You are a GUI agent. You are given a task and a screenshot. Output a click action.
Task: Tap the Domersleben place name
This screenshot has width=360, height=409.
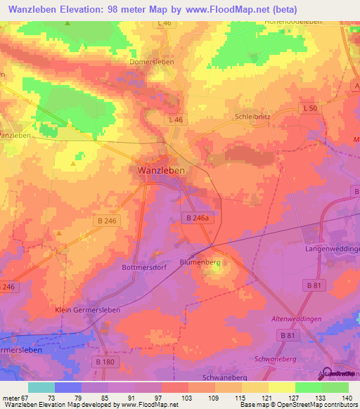[x=152, y=61]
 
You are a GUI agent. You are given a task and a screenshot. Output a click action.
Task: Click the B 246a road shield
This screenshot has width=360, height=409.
[x=198, y=219]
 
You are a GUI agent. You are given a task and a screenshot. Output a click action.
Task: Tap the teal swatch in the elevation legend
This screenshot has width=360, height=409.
[x=41, y=387]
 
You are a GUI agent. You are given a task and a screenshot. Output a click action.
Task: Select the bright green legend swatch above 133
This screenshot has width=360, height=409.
[x=308, y=387]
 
